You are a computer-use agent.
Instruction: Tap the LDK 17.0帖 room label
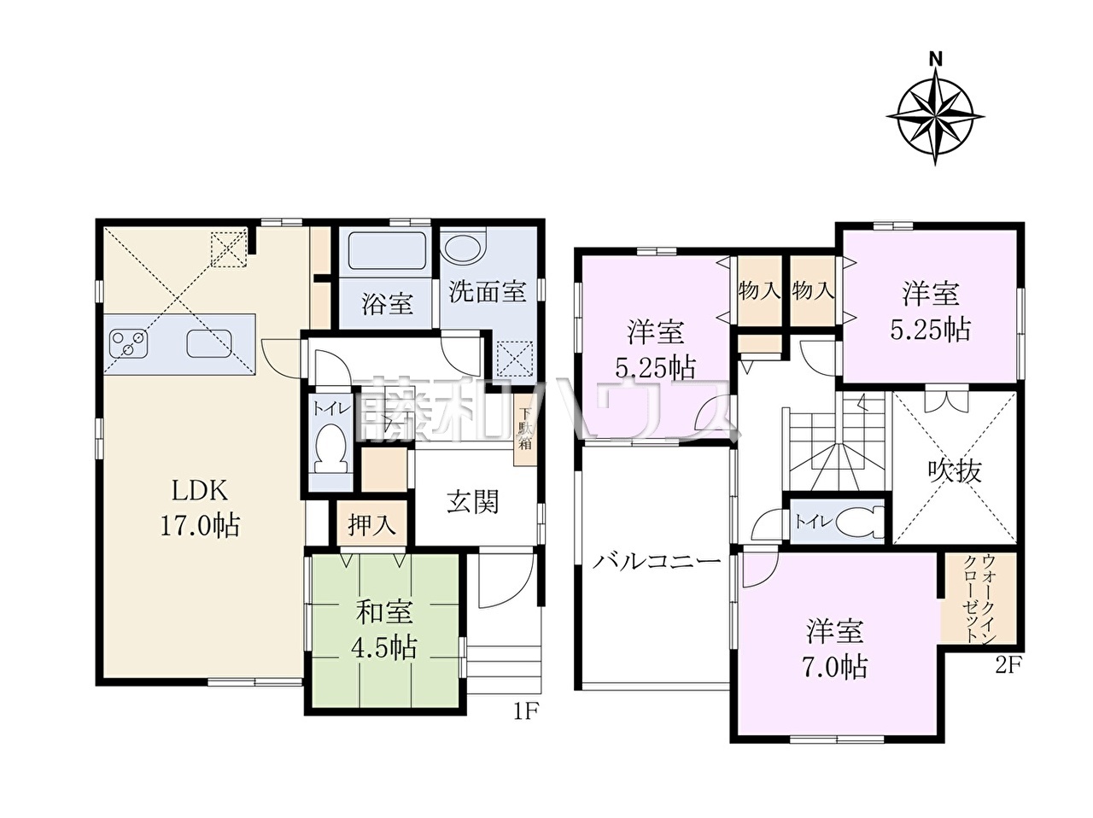200,508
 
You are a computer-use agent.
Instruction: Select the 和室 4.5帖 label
384,630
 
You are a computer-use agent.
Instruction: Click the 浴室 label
387,303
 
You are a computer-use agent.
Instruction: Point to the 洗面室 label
488,291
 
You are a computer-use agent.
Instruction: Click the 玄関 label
472,501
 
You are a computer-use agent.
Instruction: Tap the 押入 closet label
372,525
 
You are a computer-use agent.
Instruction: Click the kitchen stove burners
128,343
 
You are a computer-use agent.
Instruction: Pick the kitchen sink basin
209,344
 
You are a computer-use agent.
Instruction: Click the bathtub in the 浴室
387,251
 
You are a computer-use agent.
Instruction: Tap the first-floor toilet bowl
331,447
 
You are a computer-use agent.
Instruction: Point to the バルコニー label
657,563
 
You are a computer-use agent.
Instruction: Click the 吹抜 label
955,470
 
